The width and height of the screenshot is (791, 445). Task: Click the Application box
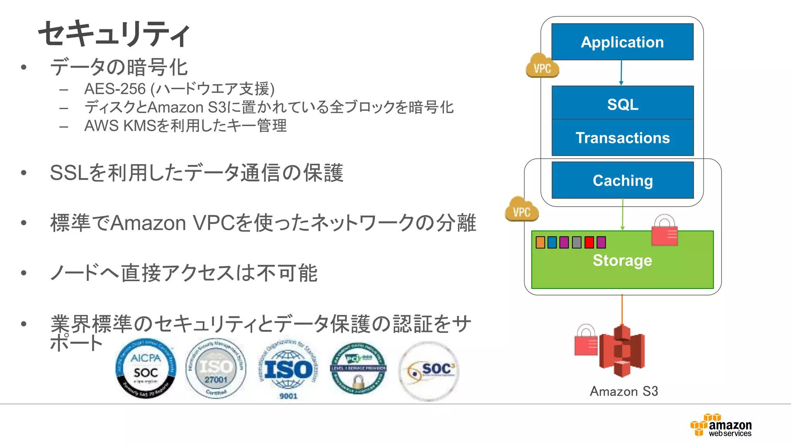(x=622, y=42)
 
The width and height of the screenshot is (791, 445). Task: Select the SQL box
(x=622, y=104)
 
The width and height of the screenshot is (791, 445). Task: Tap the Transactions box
(x=622, y=138)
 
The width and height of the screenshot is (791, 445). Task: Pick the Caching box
(x=622, y=180)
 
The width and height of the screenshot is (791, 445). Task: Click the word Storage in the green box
(x=622, y=260)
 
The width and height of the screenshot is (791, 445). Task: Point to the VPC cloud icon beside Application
(x=542, y=66)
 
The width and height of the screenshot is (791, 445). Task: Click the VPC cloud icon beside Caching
(x=521, y=210)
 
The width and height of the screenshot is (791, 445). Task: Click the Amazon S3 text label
(x=624, y=391)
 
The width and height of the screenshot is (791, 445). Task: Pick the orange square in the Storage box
(x=540, y=243)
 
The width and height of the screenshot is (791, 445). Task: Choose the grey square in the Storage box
(x=577, y=243)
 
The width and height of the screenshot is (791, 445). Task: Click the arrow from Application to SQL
(x=621, y=73)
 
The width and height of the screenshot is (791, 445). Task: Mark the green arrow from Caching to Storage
(x=623, y=214)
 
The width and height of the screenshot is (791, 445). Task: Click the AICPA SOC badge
(x=146, y=369)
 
